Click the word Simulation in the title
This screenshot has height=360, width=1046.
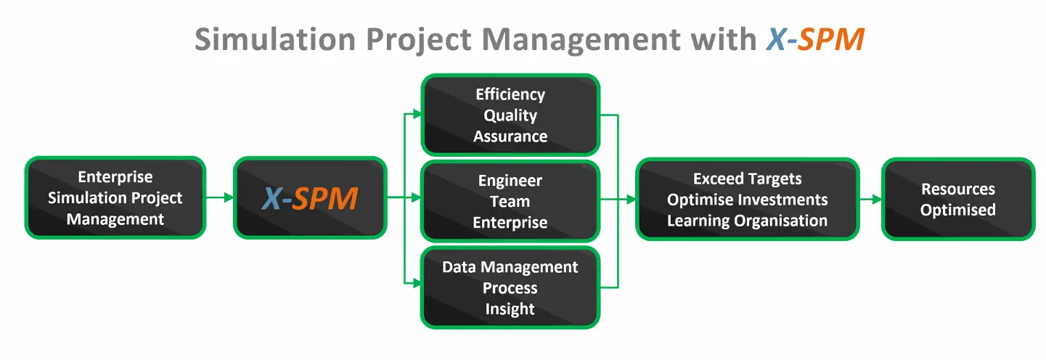click(x=275, y=39)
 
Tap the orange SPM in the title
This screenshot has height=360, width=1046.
click(x=830, y=39)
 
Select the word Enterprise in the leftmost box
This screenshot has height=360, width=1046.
click(x=115, y=177)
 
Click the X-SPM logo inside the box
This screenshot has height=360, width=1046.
click(x=310, y=198)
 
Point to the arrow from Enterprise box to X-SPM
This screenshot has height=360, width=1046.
click(x=219, y=197)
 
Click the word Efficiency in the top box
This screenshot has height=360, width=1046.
click(x=510, y=95)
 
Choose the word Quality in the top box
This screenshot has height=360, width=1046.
click(x=510, y=116)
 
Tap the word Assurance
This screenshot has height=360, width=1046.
click(x=510, y=136)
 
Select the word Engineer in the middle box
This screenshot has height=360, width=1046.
click(x=510, y=181)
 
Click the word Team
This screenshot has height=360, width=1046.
click(x=510, y=202)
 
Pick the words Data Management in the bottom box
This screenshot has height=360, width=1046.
click(x=510, y=267)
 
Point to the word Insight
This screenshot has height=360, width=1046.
click(x=510, y=309)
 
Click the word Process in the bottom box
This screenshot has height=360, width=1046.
click(x=510, y=288)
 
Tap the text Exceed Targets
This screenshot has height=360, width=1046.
click(x=748, y=179)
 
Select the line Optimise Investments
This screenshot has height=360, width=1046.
click(x=748, y=200)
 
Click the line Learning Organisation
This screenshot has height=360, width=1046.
click(x=748, y=221)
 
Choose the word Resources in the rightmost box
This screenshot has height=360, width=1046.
click(x=958, y=189)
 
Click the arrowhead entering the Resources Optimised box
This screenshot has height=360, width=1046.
click(x=878, y=200)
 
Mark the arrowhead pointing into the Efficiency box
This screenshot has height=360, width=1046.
click(x=417, y=114)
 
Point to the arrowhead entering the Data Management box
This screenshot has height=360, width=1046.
click(x=417, y=283)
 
